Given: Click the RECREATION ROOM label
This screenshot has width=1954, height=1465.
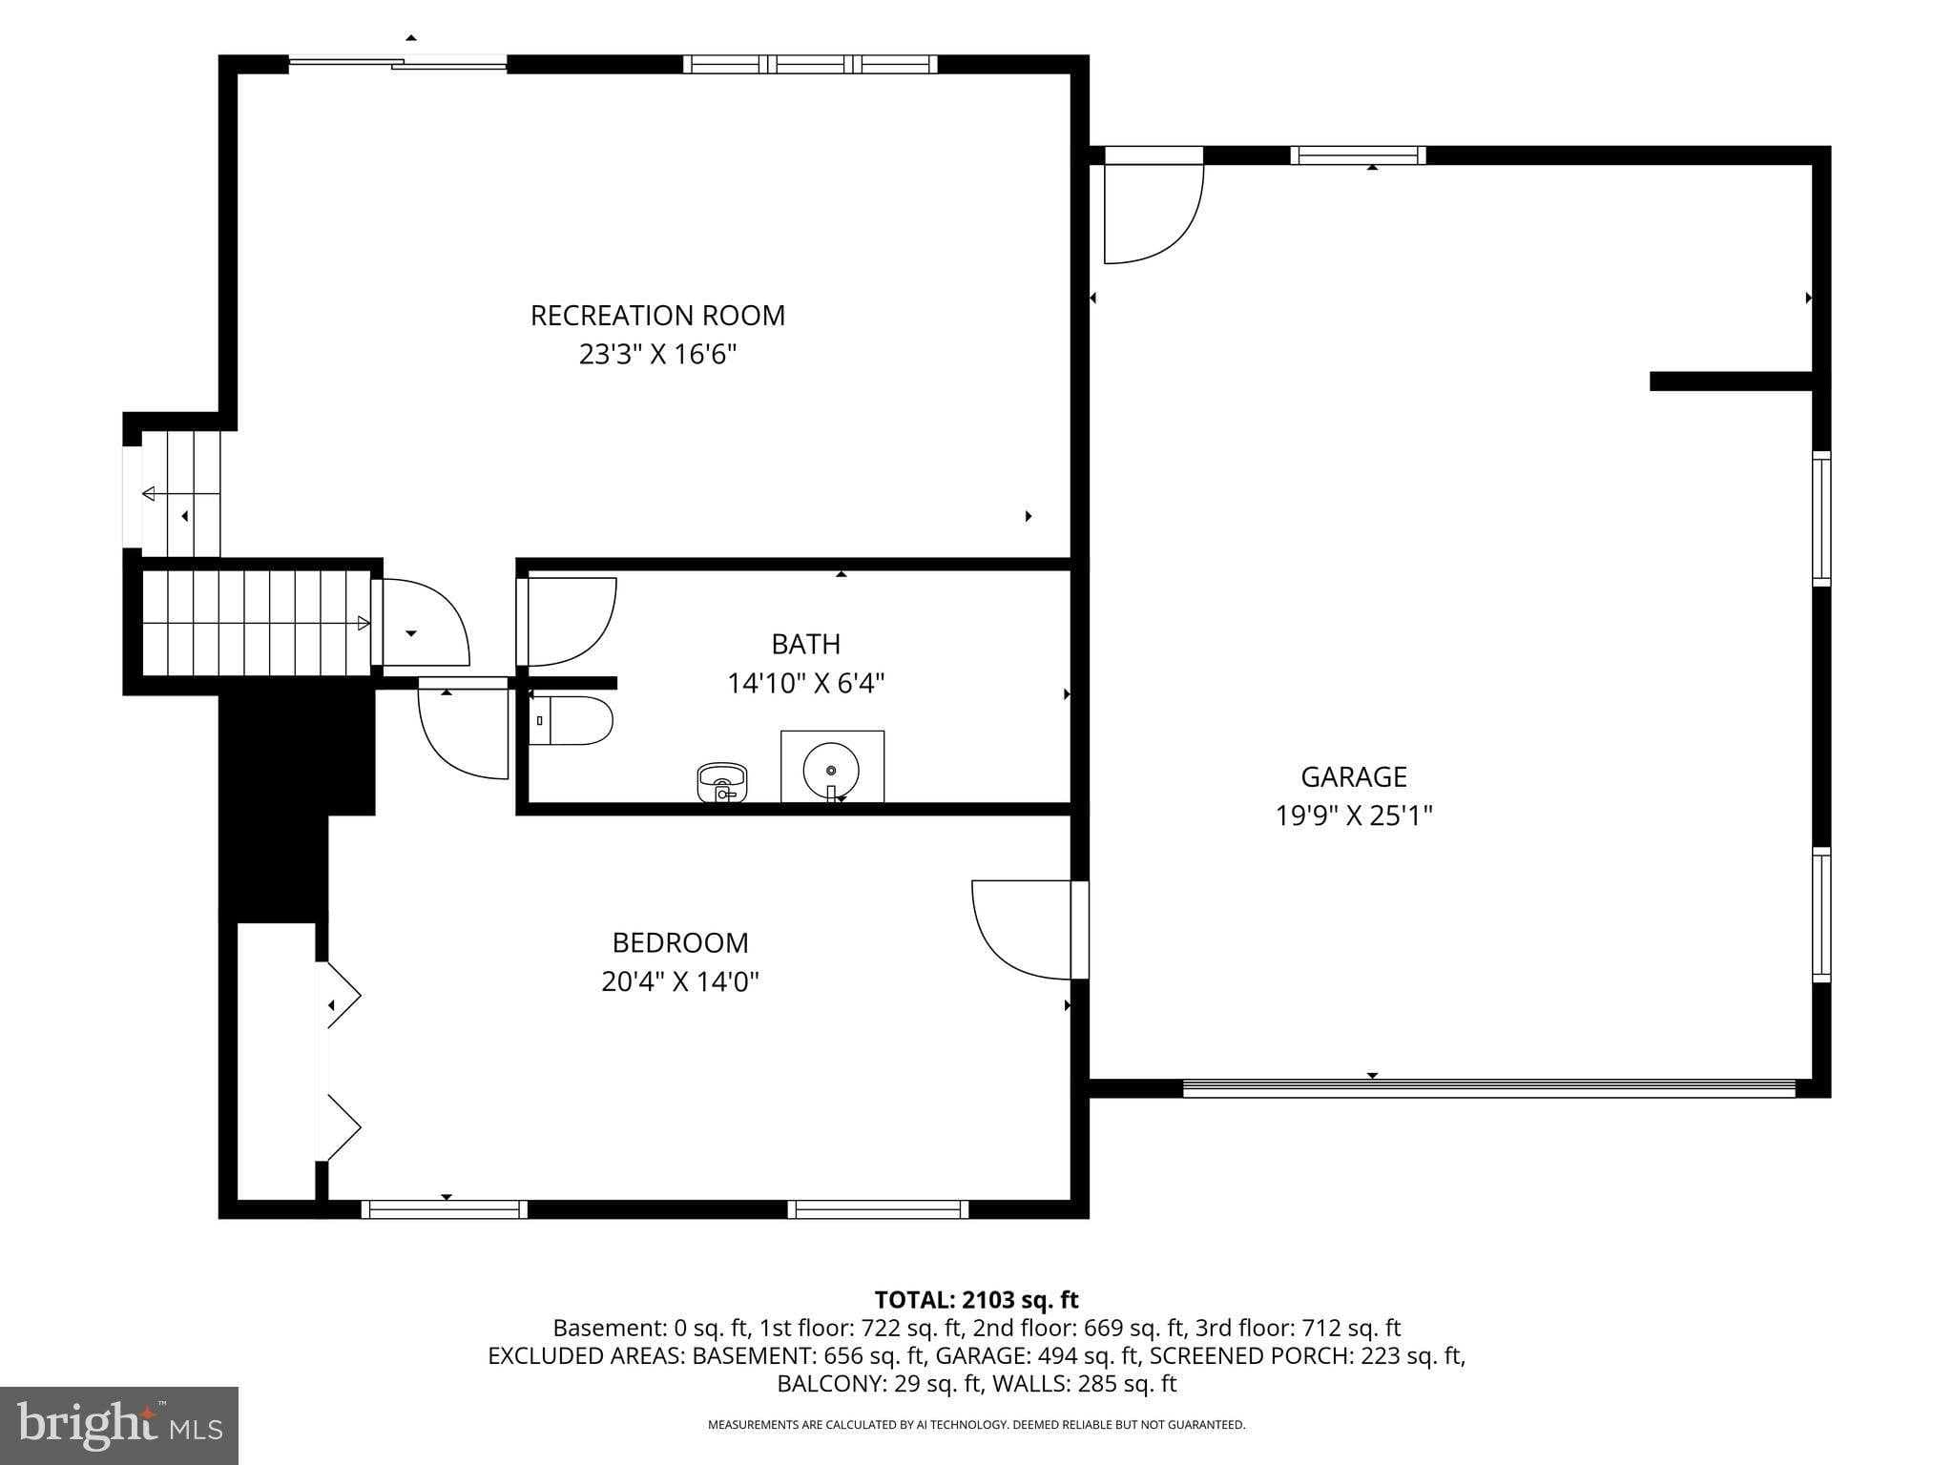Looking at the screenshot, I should (x=657, y=316).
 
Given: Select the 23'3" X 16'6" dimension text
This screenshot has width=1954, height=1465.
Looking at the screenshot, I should (x=657, y=355).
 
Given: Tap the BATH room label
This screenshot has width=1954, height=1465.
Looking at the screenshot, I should (x=805, y=645).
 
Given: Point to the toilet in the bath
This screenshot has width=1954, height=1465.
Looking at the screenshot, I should (x=571, y=721).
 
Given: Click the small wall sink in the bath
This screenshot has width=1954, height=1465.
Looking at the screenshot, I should (x=722, y=782).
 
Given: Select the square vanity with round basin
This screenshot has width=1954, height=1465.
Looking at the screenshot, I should (x=832, y=767).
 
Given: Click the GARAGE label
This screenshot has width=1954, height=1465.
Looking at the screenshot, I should (x=1353, y=777).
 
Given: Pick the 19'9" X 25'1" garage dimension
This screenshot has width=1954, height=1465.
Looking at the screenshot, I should (x=1353, y=816).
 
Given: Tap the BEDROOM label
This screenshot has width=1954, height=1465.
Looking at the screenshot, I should (x=679, y=943).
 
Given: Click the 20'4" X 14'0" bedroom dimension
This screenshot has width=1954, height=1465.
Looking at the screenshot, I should (x=679, y=981).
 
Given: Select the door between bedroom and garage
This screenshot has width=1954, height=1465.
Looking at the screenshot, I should (x=1026, y=930).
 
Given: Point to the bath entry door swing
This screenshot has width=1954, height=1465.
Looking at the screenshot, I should (x=567, y=621).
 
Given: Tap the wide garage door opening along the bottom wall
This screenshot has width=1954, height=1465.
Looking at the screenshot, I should (x=1488, y=1088).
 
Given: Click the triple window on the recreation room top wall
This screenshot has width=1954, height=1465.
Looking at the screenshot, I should (x=810, y=65).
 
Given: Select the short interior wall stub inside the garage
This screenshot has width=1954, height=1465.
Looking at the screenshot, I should (x=1730, y=382).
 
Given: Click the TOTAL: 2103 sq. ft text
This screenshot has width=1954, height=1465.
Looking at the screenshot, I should (x=976, y=1300).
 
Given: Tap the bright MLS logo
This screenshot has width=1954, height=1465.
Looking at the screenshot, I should (x=119, y=1425).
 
